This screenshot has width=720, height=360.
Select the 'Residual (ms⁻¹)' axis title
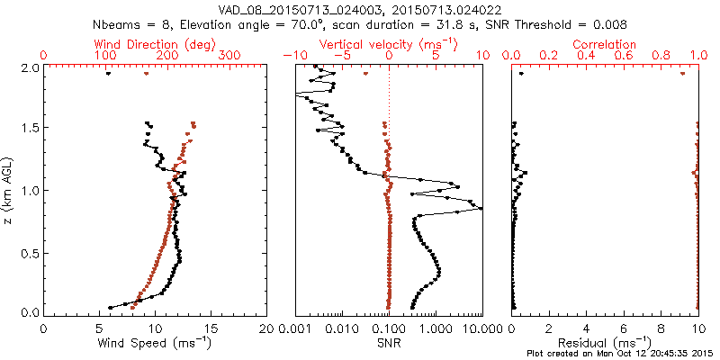tap(605, 343)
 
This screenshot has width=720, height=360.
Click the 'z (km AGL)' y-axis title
tap(8, 189)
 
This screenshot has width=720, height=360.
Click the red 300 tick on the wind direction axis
tap(230, 56)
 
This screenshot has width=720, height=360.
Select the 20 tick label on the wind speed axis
tap(267, 328)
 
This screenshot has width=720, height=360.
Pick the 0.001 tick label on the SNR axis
tap(296, 328)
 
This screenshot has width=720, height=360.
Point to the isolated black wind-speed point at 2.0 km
tap(108, 74)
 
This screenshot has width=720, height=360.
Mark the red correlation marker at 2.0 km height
tap(682, 74)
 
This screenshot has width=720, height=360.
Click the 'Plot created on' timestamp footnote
tap(622, 354)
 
